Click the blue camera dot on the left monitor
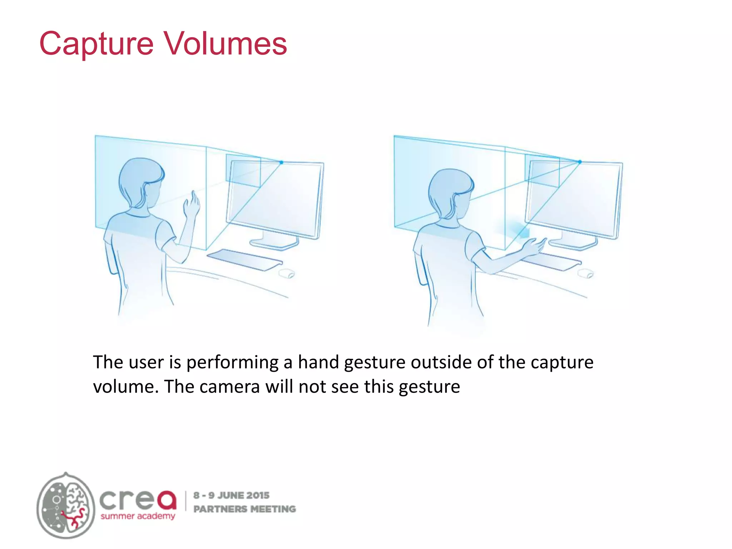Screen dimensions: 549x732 click(x=281, y=163)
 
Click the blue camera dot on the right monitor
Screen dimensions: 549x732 click(x=580, y=162)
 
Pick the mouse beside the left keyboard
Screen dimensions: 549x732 click(x=287, y=274)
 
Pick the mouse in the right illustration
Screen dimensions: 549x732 click(x=586, y=273)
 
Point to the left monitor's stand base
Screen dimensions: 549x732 click(x=274, y=244)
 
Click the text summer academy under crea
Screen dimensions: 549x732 click(x=138, y=516)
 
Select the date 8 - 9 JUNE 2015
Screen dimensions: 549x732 click(x=231, y=495)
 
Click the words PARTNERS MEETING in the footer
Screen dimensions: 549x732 click(x=244, y=509)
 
